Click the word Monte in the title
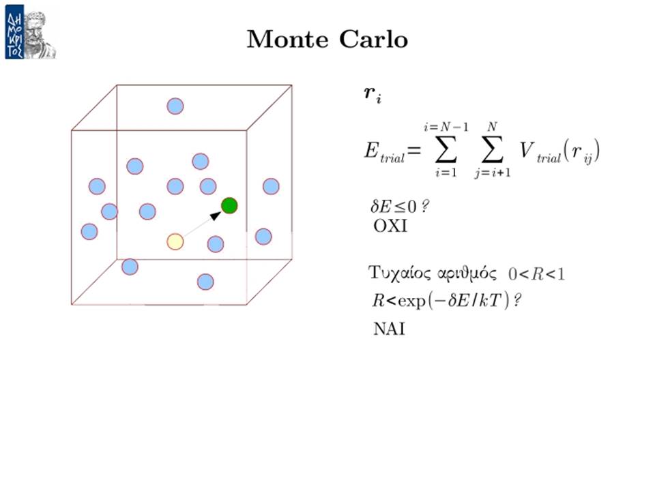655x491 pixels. pyautogui.click(x=287, y=40)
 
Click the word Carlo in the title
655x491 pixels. pyautogui.click(x=373, y=40)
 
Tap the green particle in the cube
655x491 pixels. pyautogui.click(x=229, y=205)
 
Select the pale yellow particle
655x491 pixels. pyautogui.click(x=175, y=241)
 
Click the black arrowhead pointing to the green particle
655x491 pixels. pyautogui.click(x=216, y=215)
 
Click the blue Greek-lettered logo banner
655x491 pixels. pyautogui.click(x=14, y=32)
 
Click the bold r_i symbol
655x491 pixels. pyautogui.click(x=373, y=94)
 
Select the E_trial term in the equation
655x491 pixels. pyautogui.click(x=384, y=152)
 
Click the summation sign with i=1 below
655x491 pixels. pyautogui.click(x=446, y=150)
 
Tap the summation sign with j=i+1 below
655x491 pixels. pyautogui.click(x=492, y=150)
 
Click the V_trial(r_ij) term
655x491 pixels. pyautogui.click(x=559, y=152)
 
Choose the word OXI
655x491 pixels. pyautogui.click(x=390, y=226)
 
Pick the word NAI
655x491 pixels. pyautogui.click(x=389, y=329)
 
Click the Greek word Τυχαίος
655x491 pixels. pyautogui.click(x=400, y=273)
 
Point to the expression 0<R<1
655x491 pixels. pyautogui.click(x=536, y=274)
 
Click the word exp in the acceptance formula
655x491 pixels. pyautogui.click(x=411, y=301)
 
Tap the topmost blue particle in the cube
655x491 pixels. pyautogui.click(x=175, y=106)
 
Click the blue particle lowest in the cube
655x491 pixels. pyautogui.click(x=205, y=282)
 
